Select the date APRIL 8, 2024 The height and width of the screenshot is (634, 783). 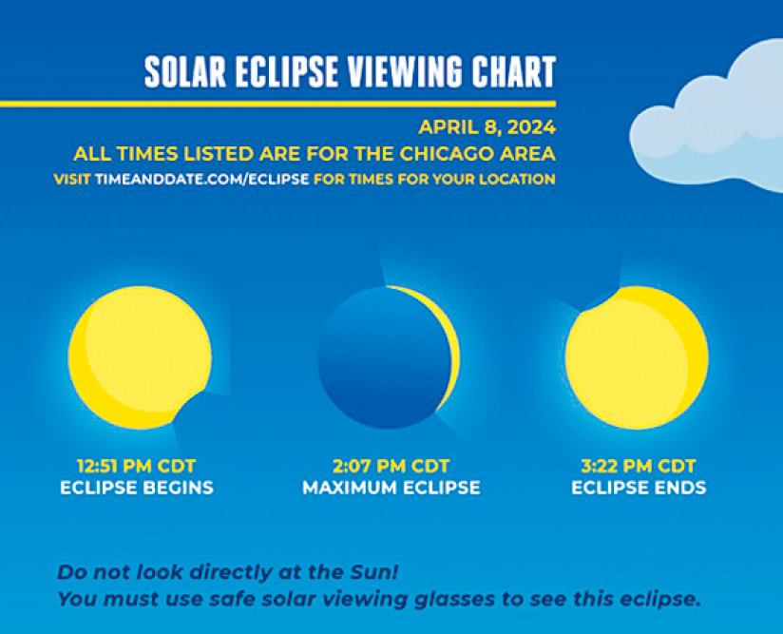point(487,127)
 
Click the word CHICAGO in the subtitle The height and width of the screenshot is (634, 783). point(448,154)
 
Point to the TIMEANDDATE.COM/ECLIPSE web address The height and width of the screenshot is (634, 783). point(201,179)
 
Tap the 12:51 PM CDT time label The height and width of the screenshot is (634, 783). point(136,466)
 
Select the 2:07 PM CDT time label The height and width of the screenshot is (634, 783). point(391,466)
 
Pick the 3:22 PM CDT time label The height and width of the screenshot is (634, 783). point(639,466)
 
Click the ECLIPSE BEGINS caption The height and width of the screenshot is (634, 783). point(137,488)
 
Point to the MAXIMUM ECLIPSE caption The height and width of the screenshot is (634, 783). point(391,488)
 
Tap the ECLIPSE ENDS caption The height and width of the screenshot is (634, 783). point(639,488)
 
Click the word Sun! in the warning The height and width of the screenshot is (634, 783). point(374,572)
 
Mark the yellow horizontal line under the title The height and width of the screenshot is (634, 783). point(277,104)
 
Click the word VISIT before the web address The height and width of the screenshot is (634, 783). point(72,179)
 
